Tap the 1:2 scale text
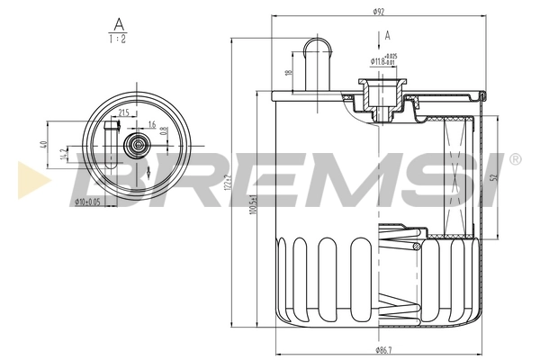[x=118, y=40]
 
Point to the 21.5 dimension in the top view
[x=123, y=112]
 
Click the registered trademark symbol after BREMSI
[x=514, y=158]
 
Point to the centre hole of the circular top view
[x=137, y=144]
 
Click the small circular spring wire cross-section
[x=415, y=243]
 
